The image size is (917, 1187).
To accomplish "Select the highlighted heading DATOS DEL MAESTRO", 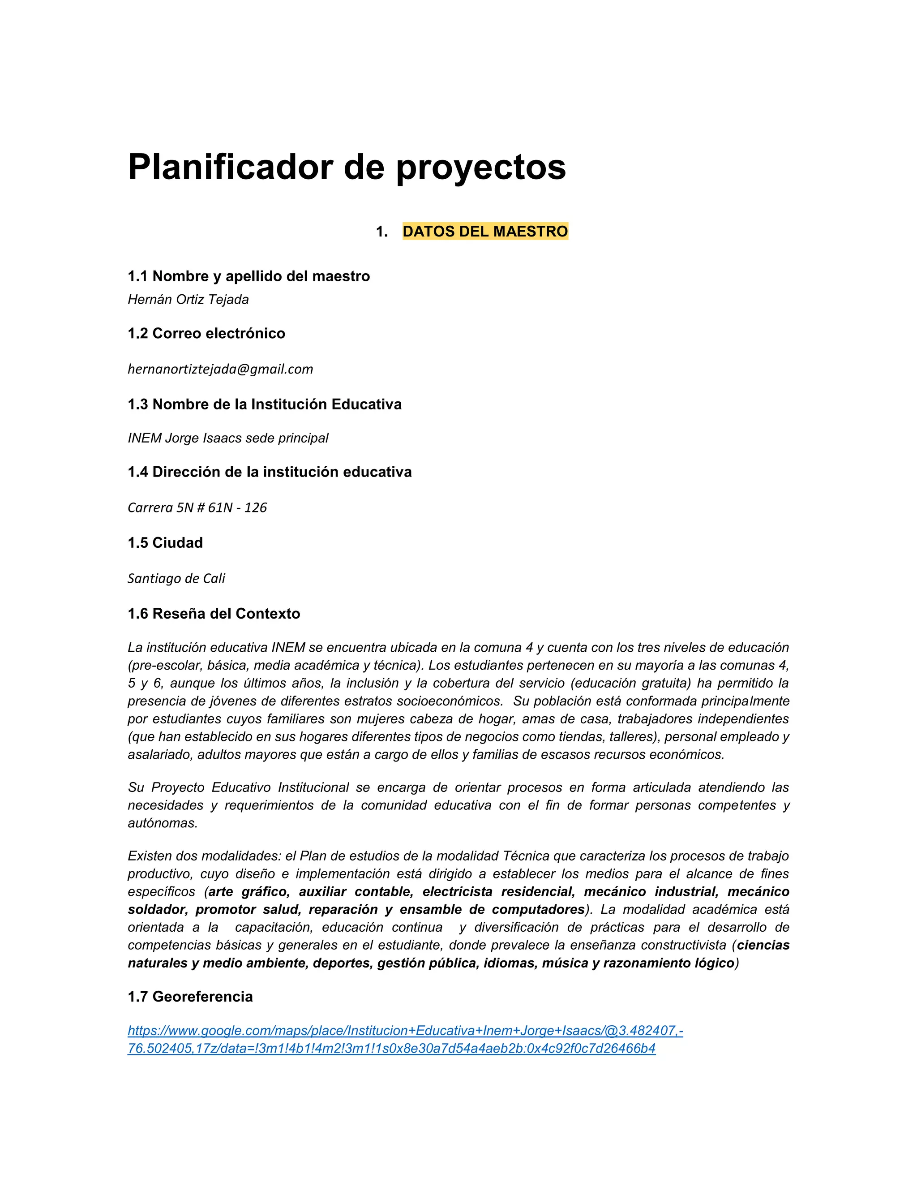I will click(x=484, y=232).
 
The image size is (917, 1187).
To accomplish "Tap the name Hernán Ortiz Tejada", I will click(x=188, y=300).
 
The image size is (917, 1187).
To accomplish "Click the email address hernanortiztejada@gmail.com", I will click(x=220, y=370).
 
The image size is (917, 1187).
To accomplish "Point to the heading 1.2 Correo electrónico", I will click(x=206, y=333).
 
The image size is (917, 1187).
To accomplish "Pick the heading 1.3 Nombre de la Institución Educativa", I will click(x=265, y=404).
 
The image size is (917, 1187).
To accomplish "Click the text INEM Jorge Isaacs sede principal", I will click(x=227, y=438).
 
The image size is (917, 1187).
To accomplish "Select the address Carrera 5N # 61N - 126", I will click(x=197, y=507).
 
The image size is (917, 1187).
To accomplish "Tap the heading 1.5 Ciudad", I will click(x=165, y=543).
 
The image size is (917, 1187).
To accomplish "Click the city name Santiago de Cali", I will click(x=176, y=578).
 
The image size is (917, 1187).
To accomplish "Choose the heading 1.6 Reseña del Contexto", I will click(x=214, y=614).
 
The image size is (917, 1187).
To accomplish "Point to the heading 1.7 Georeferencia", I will click(x=190, y=996).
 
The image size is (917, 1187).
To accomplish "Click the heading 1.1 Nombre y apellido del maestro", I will click(x=248, y=276).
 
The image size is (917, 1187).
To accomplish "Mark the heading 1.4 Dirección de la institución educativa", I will click(x=270, y=472).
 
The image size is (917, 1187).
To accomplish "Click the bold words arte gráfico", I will click(x=248, y=892).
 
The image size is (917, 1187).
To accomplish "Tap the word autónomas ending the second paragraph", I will click(x=162, y=823).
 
